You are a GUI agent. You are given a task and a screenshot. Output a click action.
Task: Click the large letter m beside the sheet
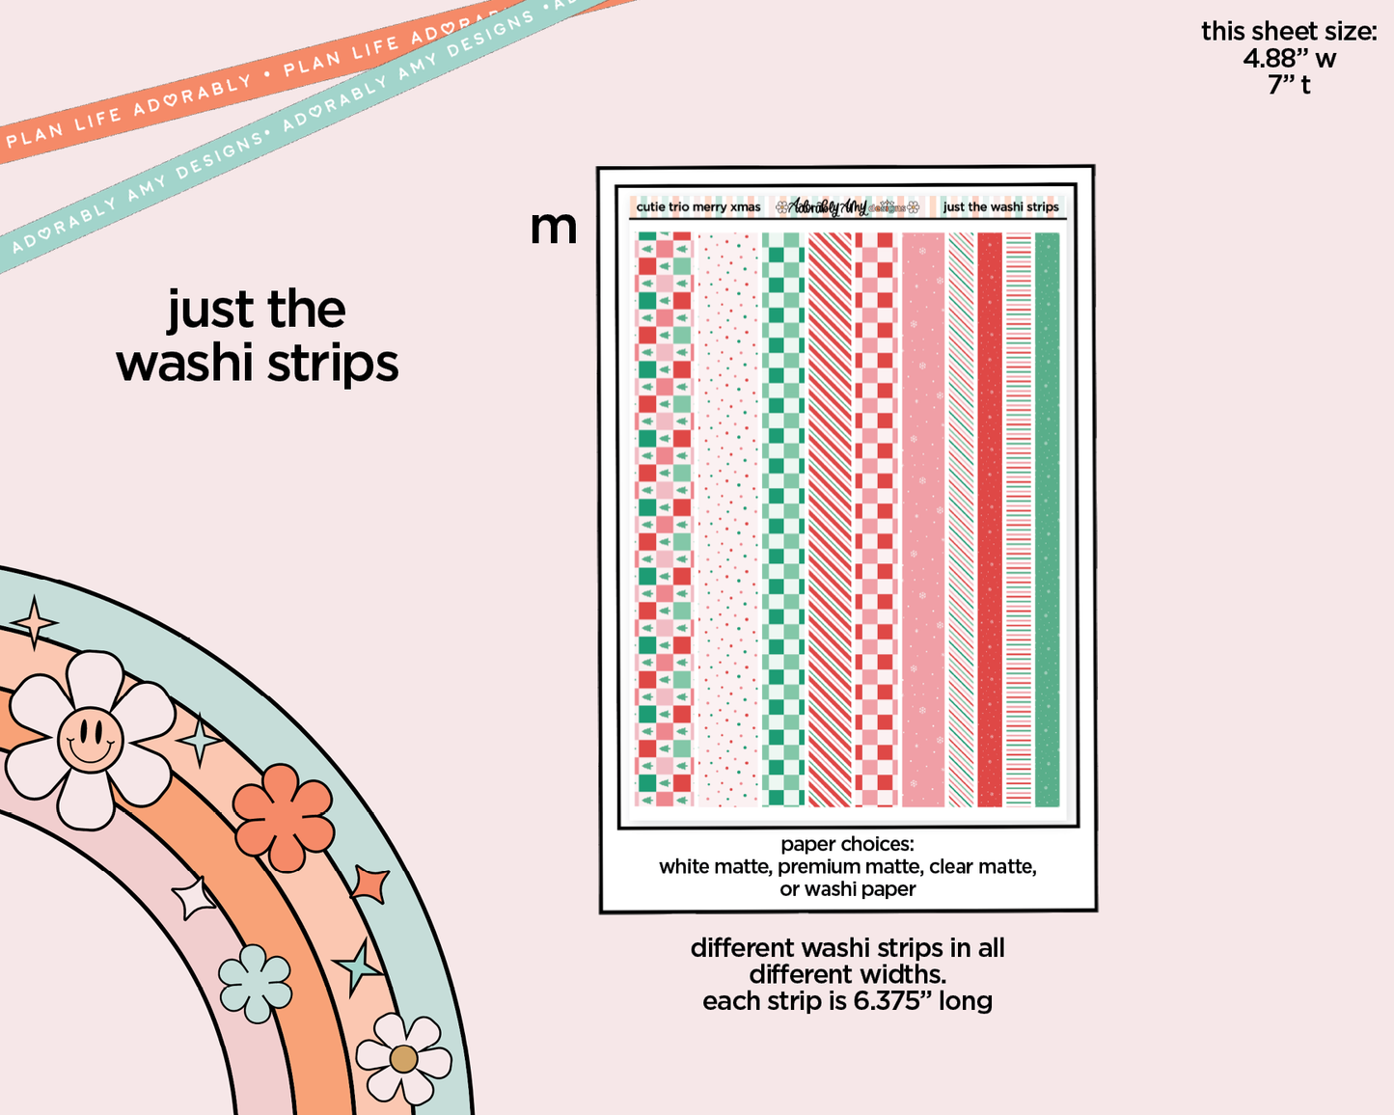point(553,229)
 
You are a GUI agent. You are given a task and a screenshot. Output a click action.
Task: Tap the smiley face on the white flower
point(89,740)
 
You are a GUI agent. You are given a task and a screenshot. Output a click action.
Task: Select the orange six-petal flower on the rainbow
point(284,817)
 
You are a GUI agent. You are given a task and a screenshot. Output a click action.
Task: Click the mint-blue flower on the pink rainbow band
point(255,984)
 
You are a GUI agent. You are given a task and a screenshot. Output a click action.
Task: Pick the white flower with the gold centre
point(403,1058)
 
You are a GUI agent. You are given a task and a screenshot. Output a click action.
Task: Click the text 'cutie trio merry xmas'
point(698,206)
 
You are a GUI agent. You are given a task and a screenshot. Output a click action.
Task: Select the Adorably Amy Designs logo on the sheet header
point(847,206)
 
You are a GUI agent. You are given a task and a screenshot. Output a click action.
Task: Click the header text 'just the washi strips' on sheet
point(1000,206)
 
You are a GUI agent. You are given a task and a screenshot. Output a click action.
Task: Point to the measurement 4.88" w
point(1289,59)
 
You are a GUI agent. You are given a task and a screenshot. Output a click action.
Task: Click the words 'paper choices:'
point(847,844)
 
